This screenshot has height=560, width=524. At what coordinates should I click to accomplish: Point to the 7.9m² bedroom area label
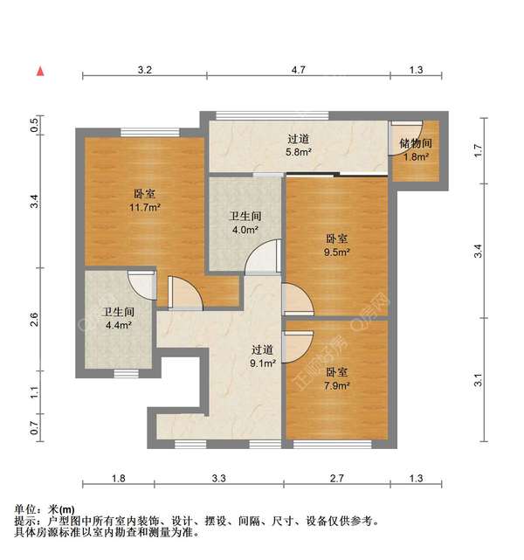click(337, 385)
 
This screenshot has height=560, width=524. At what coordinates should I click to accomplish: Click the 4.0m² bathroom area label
click(245, 231)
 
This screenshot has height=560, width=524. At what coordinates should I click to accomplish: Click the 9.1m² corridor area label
click(263, 363)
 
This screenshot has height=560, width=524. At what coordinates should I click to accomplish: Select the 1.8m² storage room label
click(414, 157)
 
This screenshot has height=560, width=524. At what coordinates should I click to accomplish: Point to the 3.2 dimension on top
click(144, 69)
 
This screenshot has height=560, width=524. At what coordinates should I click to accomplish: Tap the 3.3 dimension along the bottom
click(218, 478)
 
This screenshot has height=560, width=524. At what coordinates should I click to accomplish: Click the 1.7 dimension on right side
click(478, 150)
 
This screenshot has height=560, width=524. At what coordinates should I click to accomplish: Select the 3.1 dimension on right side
click(478, 380)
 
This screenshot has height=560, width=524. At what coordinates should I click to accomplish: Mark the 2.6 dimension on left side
click(35, 320)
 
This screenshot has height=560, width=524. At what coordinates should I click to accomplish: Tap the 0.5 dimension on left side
click(35, 125)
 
